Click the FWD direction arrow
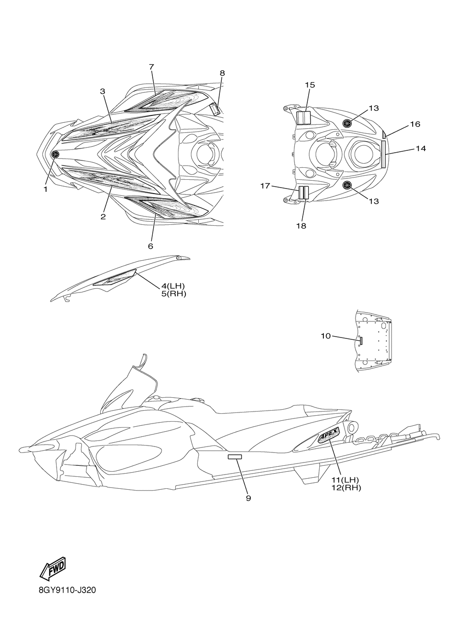(x=52, y=568)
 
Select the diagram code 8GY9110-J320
(x=67, y=590)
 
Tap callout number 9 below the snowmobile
(x=248, y=498)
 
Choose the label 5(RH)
(x=171, y=294)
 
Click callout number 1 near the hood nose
(x=46, y=189)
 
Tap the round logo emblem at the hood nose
(x=55, y=154)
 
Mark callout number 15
(x=310, y=85)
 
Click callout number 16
(x=415, y=124)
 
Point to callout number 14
(x=420, y=149)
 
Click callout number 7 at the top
(x=151, y=67)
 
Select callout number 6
(x=150, y=246)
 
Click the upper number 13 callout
(x=374, y=108)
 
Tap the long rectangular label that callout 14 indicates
(x=383, y=154)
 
